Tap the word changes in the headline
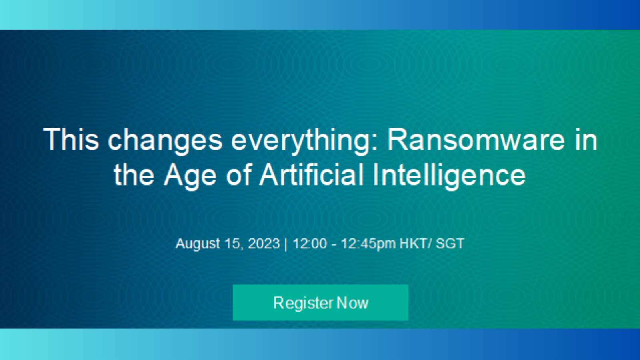click(165, 142)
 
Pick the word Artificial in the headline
click(312, 174)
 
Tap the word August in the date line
click(198, 244)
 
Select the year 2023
click(264, 244)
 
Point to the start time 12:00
click(310, 244)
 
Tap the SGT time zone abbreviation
click(450, 244)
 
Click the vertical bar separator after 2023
click(286, 244)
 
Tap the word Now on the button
click(352, 303)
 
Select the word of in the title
click(239, 174)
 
